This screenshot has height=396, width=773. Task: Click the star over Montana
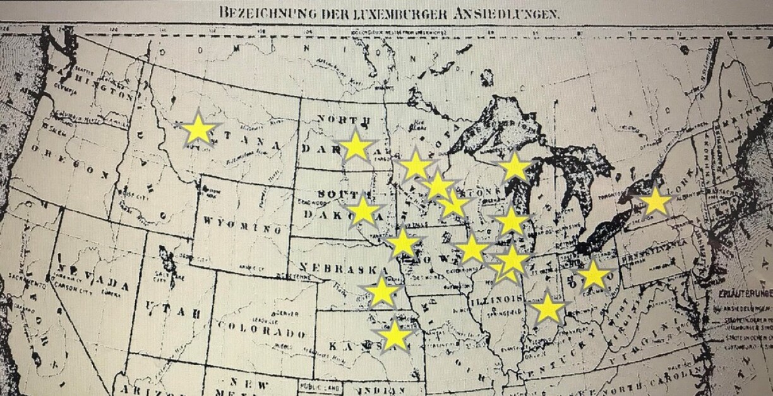point(198,129)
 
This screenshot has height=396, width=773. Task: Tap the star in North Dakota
point(356,146)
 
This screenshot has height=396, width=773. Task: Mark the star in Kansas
point(395,335)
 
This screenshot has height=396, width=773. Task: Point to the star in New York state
point(656,202)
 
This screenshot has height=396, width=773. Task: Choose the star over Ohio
point(594,274)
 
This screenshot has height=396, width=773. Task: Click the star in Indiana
point(548,308)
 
